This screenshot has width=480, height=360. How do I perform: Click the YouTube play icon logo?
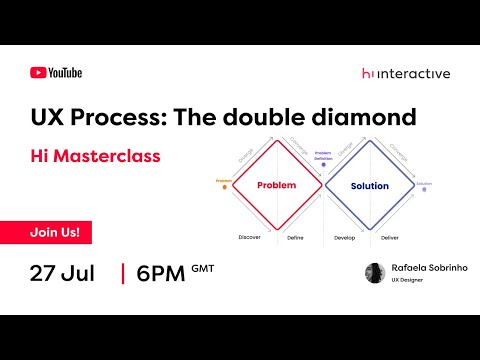[x=38, y=72]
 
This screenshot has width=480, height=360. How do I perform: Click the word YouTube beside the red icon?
[x=65, y=72]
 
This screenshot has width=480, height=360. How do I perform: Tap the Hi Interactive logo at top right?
[x=405, y=73]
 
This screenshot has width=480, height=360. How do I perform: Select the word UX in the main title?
[x=46, y=117]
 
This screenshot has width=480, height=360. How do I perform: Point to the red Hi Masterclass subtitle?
[x=94, y=157]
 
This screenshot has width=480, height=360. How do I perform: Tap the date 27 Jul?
[x=62, y=274]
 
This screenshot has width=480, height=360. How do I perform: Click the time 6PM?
[x=160, y=274]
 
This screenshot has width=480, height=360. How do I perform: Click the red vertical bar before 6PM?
[x=122, y=274]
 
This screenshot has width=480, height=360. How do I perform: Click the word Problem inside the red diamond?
[x=276, y=186]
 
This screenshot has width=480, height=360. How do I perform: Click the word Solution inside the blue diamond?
[x=369, y=186]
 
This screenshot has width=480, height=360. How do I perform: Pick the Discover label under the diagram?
[x=250, y=237]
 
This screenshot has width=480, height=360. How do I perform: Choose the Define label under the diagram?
[x=295, y=237]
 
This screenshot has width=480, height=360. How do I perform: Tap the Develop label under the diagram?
[x=346, y=237]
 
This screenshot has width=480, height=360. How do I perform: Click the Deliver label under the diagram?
[x=391, y=237]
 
